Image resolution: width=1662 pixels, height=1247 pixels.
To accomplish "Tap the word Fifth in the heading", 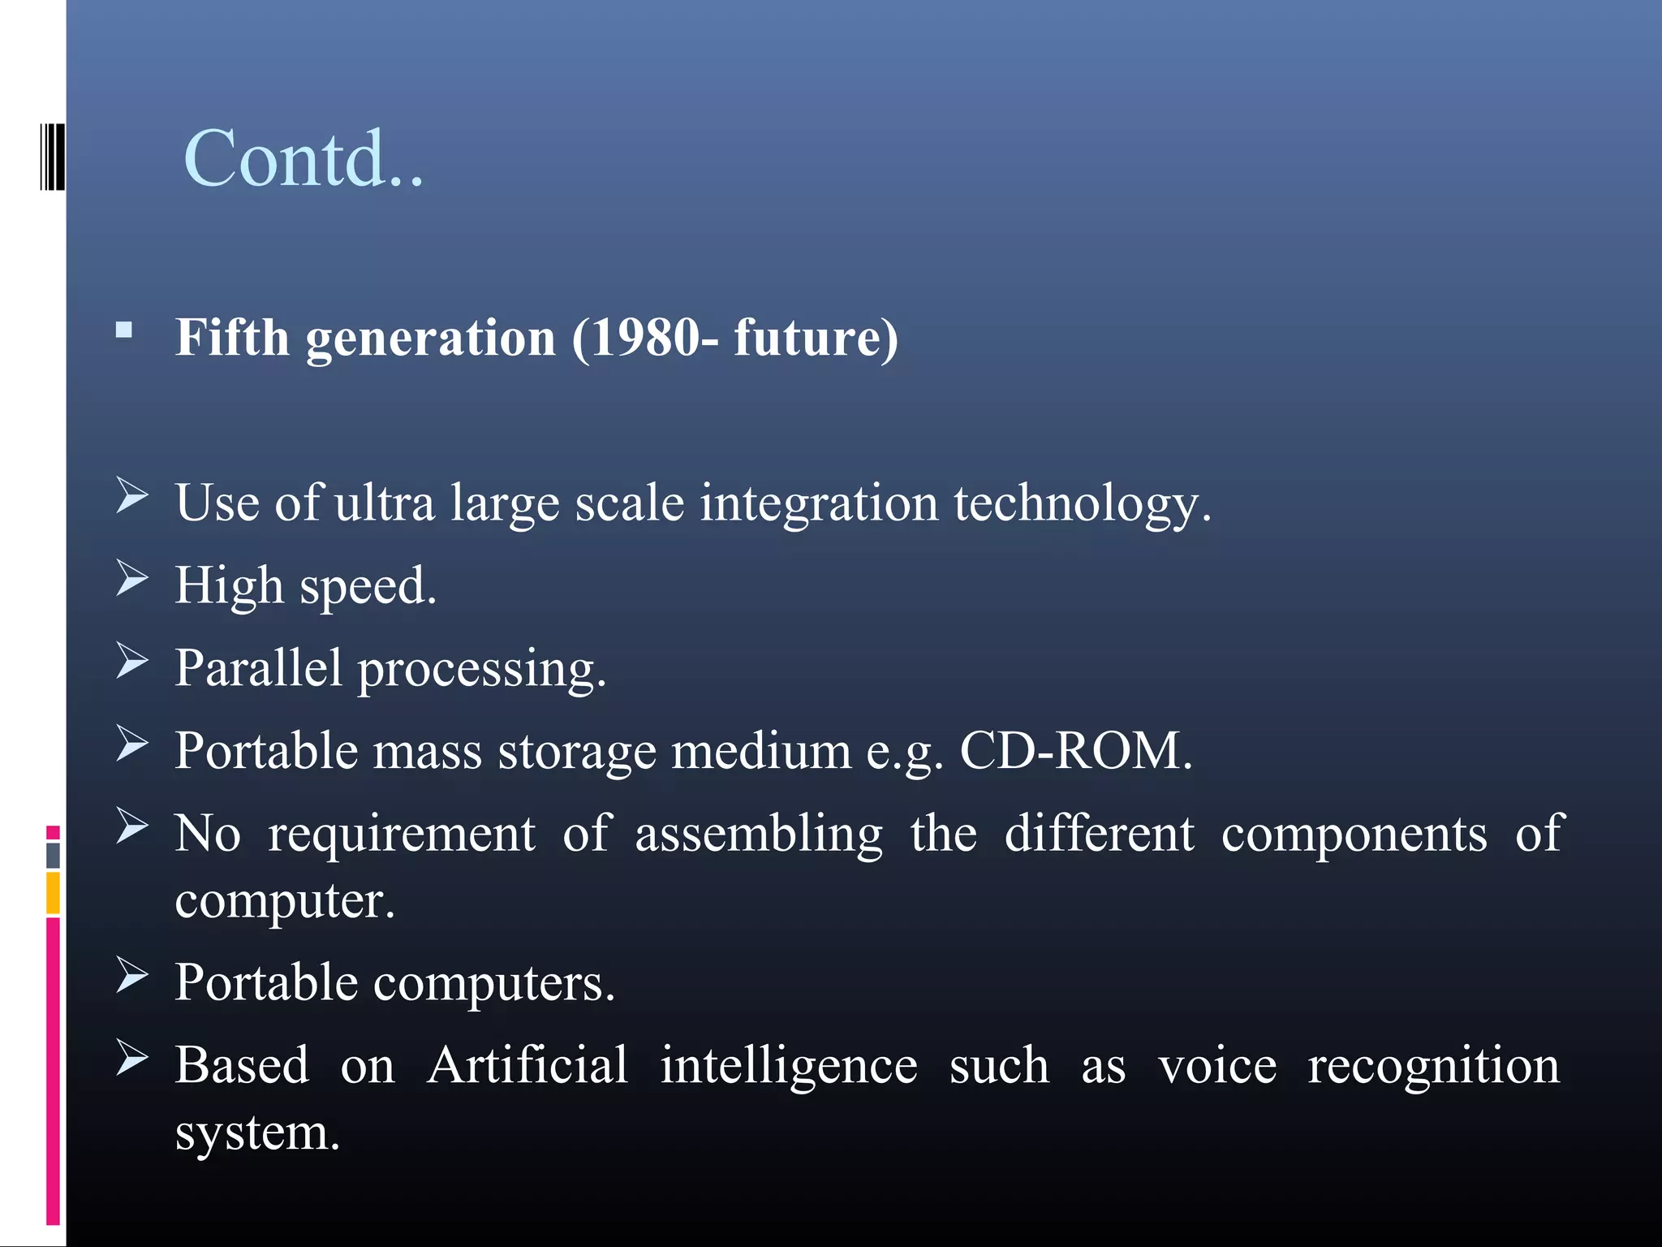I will click(232, 338).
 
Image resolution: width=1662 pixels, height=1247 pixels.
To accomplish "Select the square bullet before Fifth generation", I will click(124, 330).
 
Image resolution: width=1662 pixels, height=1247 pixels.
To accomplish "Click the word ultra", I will click(385, 503).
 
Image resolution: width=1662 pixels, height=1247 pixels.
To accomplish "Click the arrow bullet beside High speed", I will click(131, 578).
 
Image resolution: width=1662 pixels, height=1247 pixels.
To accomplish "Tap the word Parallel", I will click(258, 668).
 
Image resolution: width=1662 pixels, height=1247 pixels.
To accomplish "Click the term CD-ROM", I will click(1071, 751).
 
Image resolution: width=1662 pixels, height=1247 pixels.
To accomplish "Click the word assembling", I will click(758, 835).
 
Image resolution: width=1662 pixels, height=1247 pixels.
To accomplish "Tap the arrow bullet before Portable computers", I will click(131, 975).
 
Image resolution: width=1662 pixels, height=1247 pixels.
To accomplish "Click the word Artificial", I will click(527, 1065).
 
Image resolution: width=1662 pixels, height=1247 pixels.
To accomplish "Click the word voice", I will click(1216, 1067).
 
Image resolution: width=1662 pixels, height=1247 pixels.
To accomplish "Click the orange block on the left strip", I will click(54, 893).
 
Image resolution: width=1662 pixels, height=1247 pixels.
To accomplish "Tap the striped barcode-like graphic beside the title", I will click(52, 157).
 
